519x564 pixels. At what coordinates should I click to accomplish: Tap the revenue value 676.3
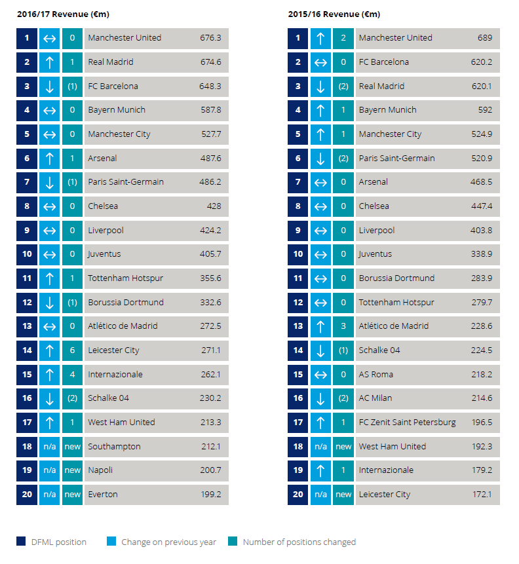pyautogui.click(x=210, y=38)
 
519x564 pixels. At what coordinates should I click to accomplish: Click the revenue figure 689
pyautogui.click(x=485, y=38)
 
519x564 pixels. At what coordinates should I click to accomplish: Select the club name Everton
pyautogui.click(x=103, y=494)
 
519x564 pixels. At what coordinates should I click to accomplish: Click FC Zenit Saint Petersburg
pyautogui.click(x=407, y=422)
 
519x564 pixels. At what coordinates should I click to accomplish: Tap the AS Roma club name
pyautogui.click(x=376, y=374)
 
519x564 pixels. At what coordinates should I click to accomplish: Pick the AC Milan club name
pyautogui.click(x=375, y=398)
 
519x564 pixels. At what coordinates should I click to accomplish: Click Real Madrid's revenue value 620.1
pyautogui.click(x=482, y=86)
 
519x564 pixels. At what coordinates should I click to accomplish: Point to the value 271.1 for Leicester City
pyautogui.click(x=210, y=350)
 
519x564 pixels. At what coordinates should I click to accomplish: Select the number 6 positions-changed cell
pyautogui.click(x=72, y=350)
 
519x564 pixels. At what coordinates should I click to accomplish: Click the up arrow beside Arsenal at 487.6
pyautogui.click(x=50, y=158)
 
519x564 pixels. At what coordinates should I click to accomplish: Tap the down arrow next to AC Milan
pyautogui.click(x=320, y=398)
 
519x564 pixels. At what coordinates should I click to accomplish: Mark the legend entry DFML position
pyautogui.click(x=58, y=542)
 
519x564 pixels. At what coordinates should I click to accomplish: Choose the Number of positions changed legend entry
pyautogui.click(x=299, y=542)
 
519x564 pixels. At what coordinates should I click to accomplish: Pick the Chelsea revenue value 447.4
pyautogui.click(x=482, y=206)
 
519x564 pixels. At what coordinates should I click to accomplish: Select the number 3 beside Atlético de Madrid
pyautogui.click(x=343, y=326)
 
